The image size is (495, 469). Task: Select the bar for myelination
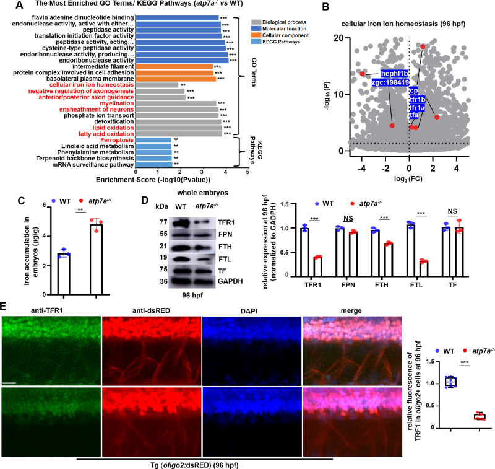click(x=180, y=103)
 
